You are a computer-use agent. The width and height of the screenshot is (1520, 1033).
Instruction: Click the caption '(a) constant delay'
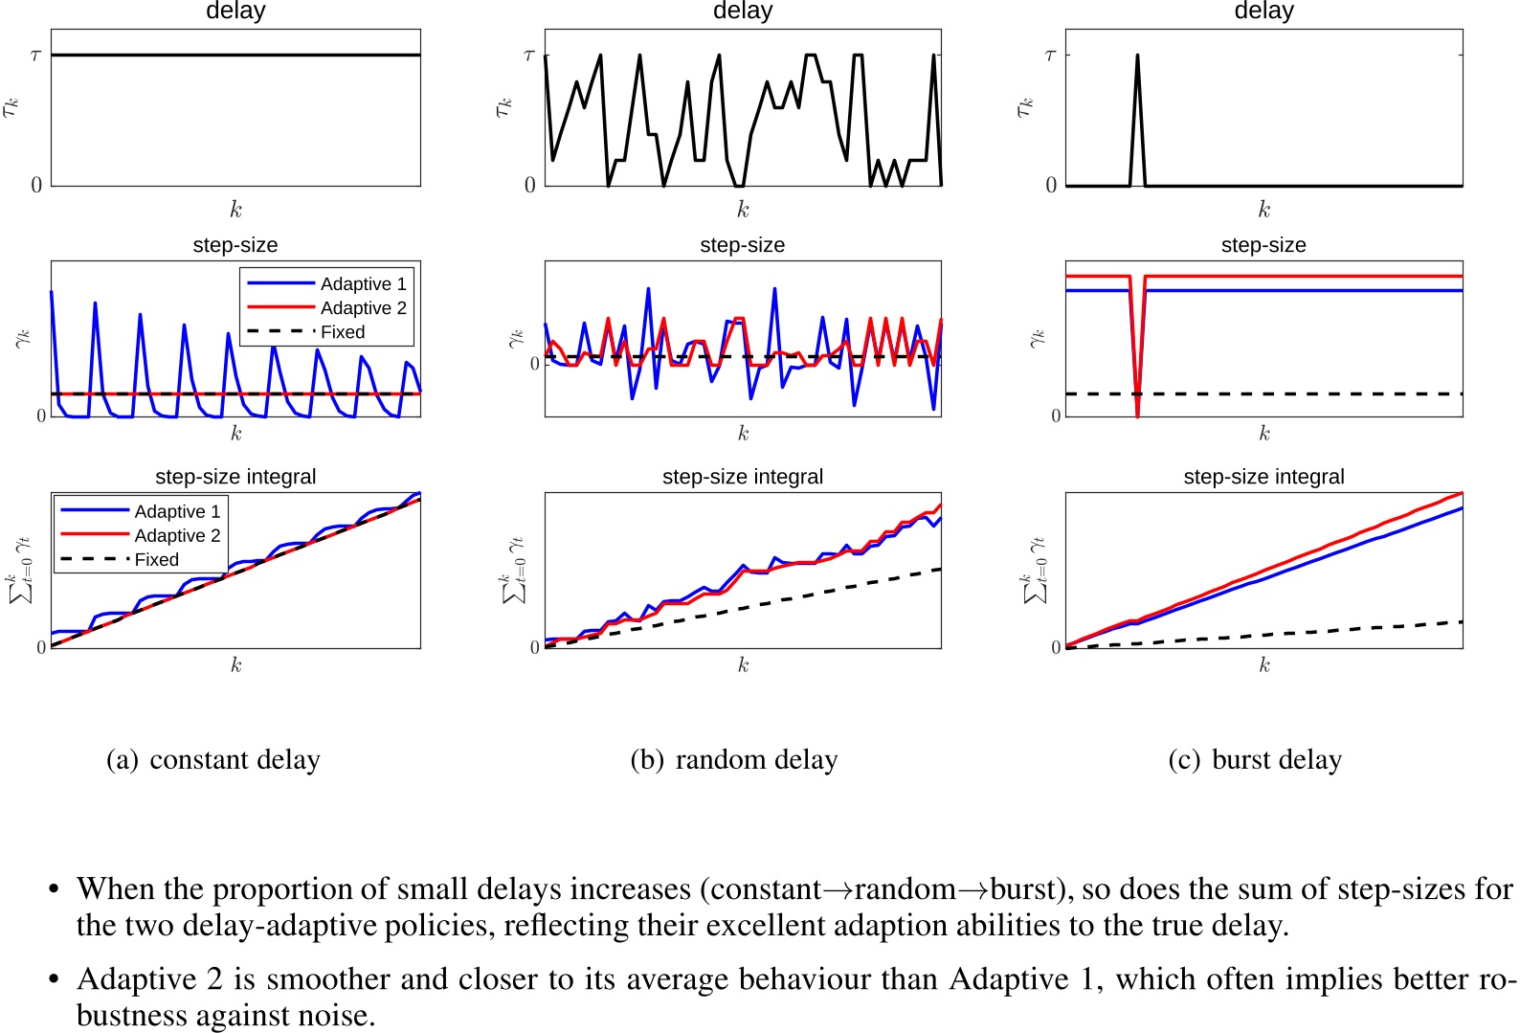pos(212,760)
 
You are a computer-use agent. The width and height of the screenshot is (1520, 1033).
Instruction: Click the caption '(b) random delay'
pos(734,760)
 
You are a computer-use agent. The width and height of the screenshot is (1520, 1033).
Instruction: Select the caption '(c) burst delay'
pos(1255,760)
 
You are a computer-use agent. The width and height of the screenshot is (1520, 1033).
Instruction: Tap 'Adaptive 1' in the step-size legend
pos(363,284)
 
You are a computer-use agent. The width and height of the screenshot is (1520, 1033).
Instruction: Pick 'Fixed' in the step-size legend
pos(343,332)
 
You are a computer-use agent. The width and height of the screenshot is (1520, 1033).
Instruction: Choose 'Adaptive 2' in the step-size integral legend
pos(177,536)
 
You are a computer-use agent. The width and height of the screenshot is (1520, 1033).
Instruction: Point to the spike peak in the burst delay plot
pos(1137,56)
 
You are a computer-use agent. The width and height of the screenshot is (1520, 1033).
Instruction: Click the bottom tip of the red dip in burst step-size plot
pos(1137,415)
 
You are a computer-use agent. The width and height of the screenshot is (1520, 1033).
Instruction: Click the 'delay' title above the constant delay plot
pos(235,11)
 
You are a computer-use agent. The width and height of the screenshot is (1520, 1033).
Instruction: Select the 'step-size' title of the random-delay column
pos(742,245)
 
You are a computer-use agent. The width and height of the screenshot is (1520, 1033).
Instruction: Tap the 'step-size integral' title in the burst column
pos(1263,477)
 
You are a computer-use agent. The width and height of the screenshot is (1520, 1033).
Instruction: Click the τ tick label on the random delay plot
pos(529,56)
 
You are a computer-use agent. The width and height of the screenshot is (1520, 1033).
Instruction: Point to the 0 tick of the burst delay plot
pos(1051,185)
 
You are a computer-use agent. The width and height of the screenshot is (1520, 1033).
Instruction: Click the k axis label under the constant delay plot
pos(235,210)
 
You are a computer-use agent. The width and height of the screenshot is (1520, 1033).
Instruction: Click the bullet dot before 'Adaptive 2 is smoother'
pos(55,980)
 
